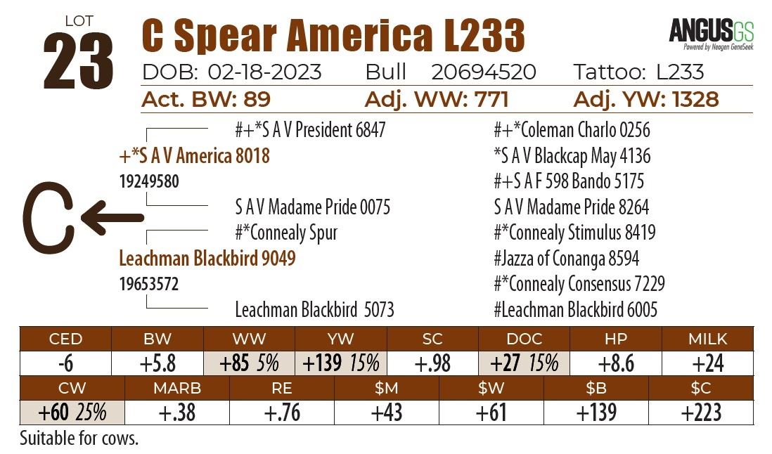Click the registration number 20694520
pyautogui.click(x=484, y=72)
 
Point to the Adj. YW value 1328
pyautogui.click(x=686, y=99)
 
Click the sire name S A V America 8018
pyautogui.click(x=195, y=155)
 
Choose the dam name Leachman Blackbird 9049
pyautogui.click(x=207, y=258)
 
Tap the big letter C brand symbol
pyautogui.click(x=48, y=219)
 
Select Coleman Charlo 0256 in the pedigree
pyautogui.click(x=572, y=130)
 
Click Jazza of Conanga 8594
pyautogui.click(x=567, y=259)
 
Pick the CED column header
pyautogui.click(x=65, y=339)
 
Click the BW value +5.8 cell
pyautogui.click(x=157, y=363)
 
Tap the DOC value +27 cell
pyautogui.click(x=524, y=363)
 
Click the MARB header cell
pyautogui.click(x=176, y=388)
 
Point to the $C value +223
pyautogui.click(x=700, y=412)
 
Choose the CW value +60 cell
pyautogui.click(x=72, y=412)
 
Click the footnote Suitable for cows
pyautogui.click(x=79, y=439)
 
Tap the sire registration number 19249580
pyautogui.click(x=149, y=181)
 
